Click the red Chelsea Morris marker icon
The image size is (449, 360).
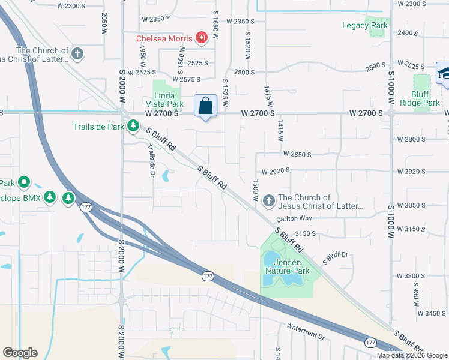coord(202,39)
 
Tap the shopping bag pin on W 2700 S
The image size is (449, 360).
coord(205,106)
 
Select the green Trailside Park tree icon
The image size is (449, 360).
coord(133,126)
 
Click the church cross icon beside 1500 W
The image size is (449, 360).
coord(268,200)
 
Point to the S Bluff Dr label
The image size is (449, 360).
coord(335,258)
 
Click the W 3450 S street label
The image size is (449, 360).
coord(430,313)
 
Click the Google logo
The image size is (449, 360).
coord(20,353)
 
